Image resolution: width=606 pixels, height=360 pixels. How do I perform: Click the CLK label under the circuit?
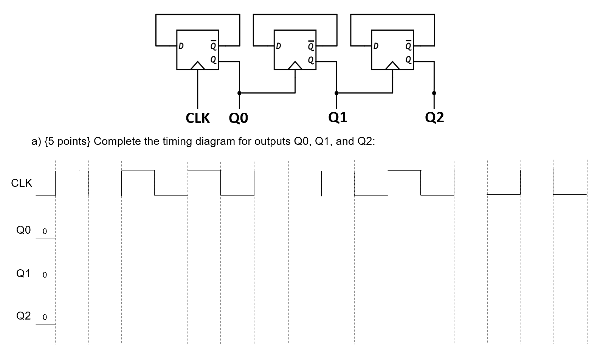click(x=198, y=118)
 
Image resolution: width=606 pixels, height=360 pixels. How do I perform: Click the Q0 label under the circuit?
click(x=239, y=118)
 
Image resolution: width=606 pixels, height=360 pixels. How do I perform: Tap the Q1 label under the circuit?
click(x=338, y=118)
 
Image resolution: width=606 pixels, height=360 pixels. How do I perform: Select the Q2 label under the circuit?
click(x=434, y=118)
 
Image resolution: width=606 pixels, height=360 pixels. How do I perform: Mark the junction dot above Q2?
click(x=434, y=93)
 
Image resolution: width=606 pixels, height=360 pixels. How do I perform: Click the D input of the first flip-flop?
click(x=181, y=47)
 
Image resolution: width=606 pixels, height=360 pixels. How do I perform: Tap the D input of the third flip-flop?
click(x=376, y=47)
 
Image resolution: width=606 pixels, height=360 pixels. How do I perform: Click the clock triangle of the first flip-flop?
click(x=197, y=66)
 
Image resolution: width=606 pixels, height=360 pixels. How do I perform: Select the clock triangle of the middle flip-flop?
click(x=295, y=66)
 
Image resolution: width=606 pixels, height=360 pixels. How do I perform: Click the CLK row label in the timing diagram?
click(x=22, y=183)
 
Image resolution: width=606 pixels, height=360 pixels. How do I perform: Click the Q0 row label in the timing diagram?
click(x=23, y=230)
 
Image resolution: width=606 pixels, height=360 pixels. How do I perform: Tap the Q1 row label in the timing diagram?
click(x=23, y=273)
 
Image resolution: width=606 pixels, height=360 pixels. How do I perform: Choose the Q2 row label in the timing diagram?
click(x=23, y=316)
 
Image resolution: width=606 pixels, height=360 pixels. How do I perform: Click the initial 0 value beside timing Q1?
click(x=45, y=275)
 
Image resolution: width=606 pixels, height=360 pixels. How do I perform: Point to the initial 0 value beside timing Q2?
click(x=45, y=317)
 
